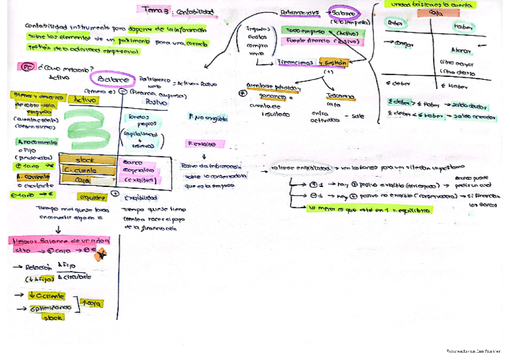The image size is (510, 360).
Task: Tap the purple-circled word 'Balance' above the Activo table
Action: click(x=113, y=79)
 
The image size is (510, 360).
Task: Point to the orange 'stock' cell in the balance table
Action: click(x=85, y=160)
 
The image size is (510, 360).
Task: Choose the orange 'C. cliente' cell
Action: click(x=86, y=170)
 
